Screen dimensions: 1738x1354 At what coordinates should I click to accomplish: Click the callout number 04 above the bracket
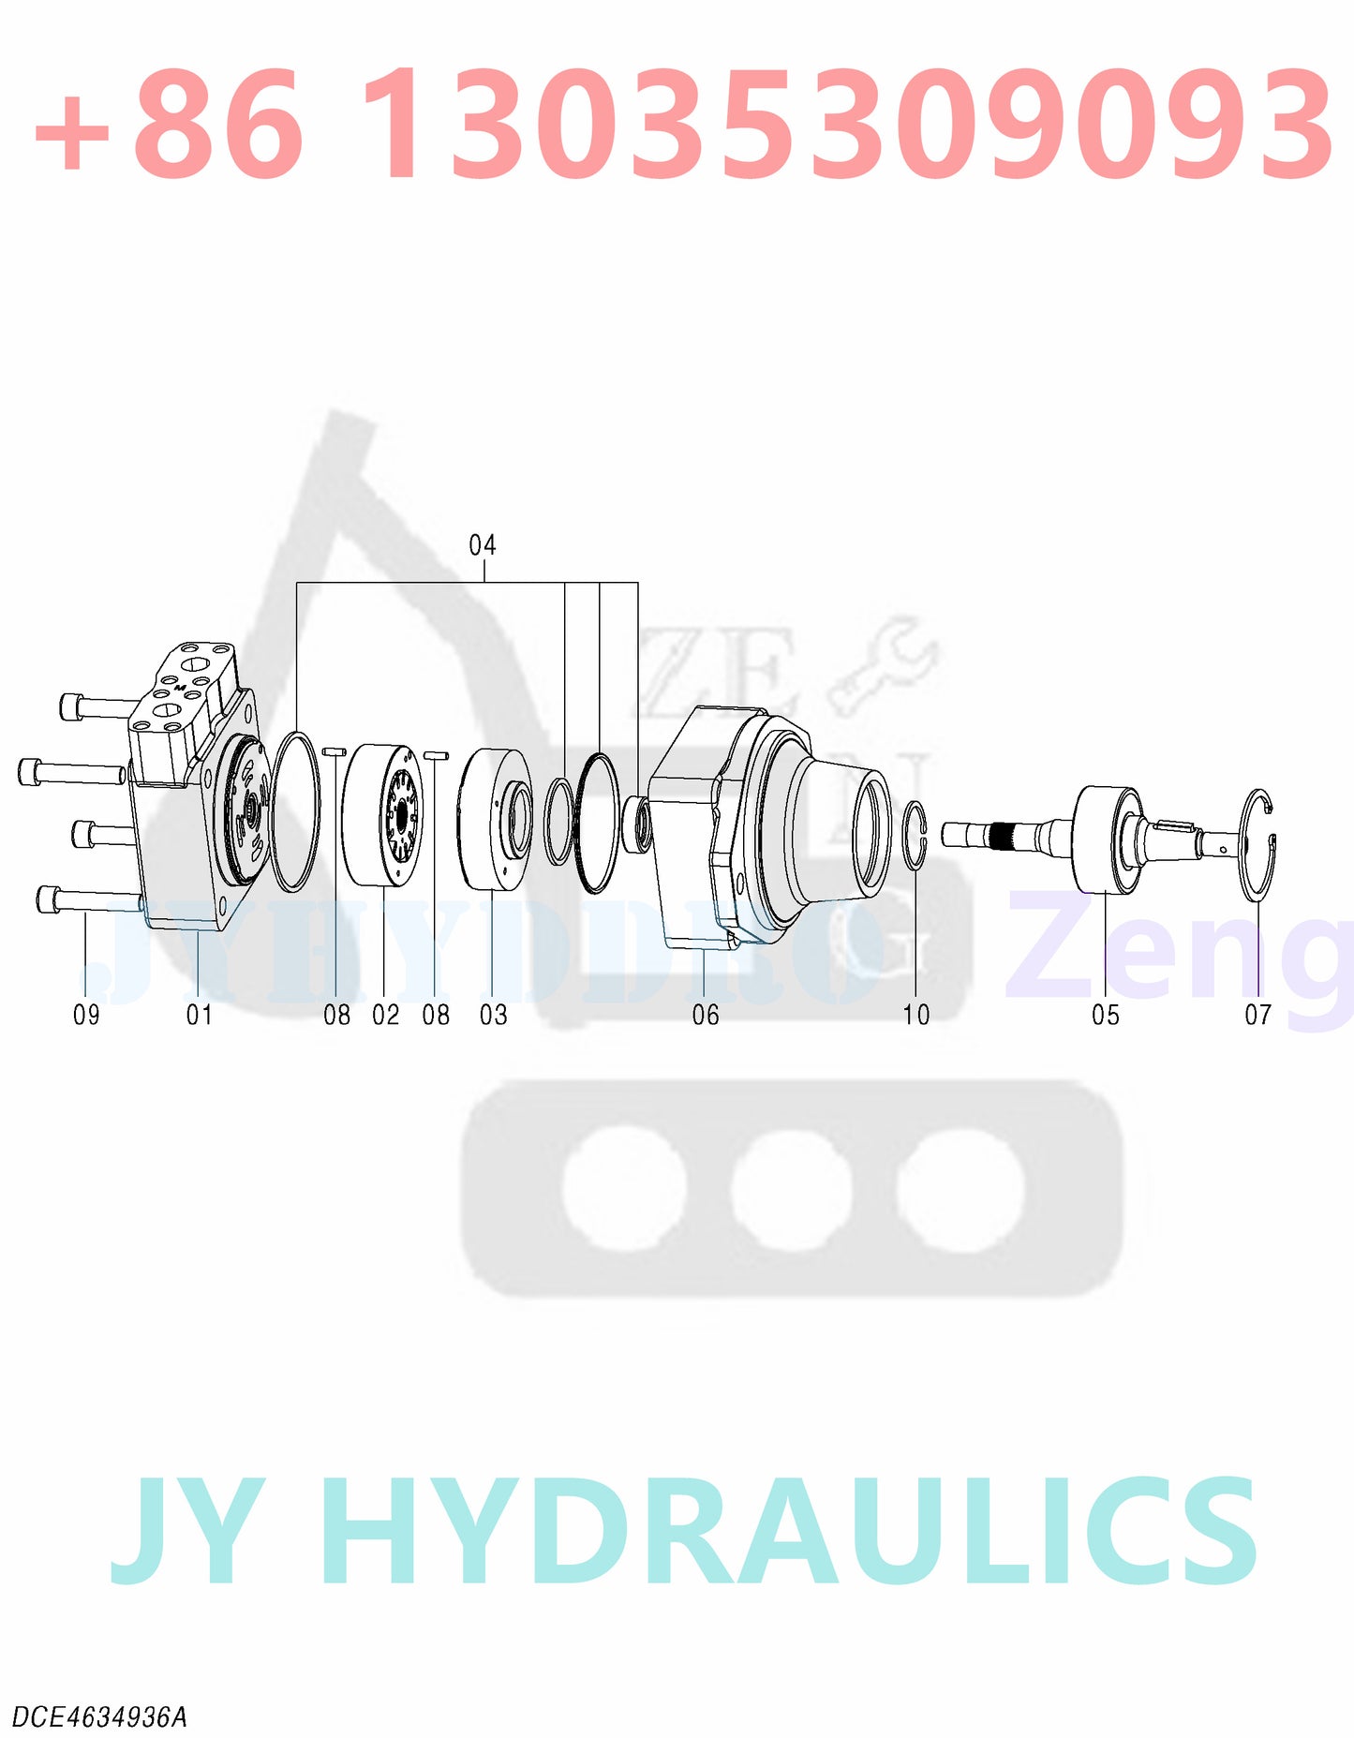483,545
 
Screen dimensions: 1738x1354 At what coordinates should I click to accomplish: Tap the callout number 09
86,1015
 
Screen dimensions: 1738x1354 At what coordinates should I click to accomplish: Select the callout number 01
199,1015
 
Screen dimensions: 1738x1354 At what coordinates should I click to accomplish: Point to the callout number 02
385,1015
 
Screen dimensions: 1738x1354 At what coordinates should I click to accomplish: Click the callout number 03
493,1015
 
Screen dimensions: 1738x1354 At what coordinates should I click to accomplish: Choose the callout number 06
706,1015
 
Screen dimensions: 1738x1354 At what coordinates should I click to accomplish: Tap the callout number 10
916,1015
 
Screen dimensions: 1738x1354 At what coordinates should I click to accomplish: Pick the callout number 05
1106,1015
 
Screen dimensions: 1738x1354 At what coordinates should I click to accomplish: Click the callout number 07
1257,1015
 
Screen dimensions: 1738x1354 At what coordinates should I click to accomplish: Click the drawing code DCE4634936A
99,1717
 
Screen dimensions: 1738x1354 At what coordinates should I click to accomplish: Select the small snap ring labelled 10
915,835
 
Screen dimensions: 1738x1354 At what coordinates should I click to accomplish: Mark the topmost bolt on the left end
94,705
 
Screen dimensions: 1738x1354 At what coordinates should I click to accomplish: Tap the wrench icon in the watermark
882,666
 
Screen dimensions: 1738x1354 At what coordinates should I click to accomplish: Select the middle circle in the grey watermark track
792,1188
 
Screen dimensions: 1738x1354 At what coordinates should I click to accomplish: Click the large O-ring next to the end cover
295,811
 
